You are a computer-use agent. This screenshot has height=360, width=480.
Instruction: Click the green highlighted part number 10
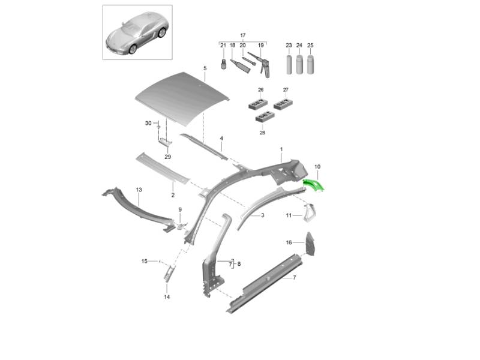tap(313, 185)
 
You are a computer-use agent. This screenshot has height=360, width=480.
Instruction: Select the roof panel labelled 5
tap(182, 98)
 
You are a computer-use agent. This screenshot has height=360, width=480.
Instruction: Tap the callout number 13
tap(139, 190)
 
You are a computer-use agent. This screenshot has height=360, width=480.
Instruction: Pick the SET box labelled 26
tap(257, 104)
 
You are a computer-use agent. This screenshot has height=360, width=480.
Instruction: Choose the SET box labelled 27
tap(283, 104)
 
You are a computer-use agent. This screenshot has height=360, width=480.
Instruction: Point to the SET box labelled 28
tap(265, 116)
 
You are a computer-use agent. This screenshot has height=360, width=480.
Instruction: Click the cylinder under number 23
tap(289, 64)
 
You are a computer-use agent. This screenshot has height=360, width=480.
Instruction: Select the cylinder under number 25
tap(310, 64)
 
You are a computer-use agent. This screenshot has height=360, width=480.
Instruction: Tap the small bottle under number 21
tap(224, 64)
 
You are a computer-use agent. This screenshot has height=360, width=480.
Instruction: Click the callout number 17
tap(243, 35)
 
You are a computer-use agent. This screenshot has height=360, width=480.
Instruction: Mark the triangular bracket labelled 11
tap(308, 212)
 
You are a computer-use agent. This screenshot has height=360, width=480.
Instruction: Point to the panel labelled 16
tap(309, 244)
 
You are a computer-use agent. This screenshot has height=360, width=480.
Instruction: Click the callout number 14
tap(167, 297)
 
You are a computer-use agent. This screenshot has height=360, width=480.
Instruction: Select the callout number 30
tap(148, 123)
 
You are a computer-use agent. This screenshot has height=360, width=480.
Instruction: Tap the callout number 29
tap(168, 157)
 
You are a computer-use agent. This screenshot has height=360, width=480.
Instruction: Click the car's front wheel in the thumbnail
tap(133, 49)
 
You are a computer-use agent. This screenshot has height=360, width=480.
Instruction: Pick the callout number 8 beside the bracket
tap(239, 264)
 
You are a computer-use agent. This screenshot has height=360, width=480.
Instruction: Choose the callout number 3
tap(263, 215)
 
